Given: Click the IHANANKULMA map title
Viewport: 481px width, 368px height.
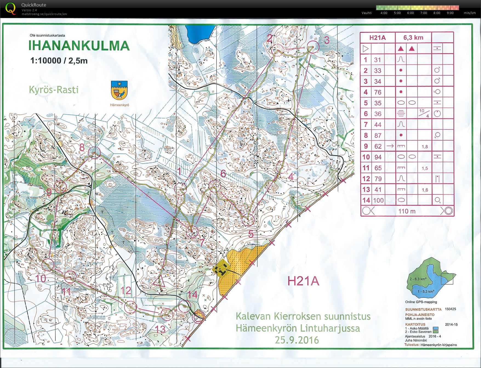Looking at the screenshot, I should coord(79,46).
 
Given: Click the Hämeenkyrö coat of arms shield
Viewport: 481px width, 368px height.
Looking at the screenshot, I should coord(119,90).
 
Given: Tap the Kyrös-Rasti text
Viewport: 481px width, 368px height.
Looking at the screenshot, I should coord(54,90).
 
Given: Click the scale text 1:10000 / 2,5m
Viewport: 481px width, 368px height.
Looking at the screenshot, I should coord(59,60).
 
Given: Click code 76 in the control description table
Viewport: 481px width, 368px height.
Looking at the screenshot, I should coord(378,92).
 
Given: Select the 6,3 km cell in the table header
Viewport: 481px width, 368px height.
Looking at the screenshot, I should coord(413,38).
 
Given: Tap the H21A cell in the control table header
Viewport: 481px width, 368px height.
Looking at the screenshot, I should coord(377,38).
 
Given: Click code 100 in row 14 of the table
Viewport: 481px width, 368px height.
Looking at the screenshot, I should coord(378,200).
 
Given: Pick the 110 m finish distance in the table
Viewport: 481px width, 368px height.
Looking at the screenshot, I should coord(407,211).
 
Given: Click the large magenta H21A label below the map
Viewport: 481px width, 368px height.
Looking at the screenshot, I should coord(303,281).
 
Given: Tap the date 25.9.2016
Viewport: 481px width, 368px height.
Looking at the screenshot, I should coord(297,340).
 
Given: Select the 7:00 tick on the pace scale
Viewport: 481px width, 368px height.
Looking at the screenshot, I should coord(423,13).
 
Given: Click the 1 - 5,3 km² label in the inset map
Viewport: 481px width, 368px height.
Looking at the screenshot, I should coord(426,291).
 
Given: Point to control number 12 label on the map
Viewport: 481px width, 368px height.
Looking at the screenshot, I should coord(126,291).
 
